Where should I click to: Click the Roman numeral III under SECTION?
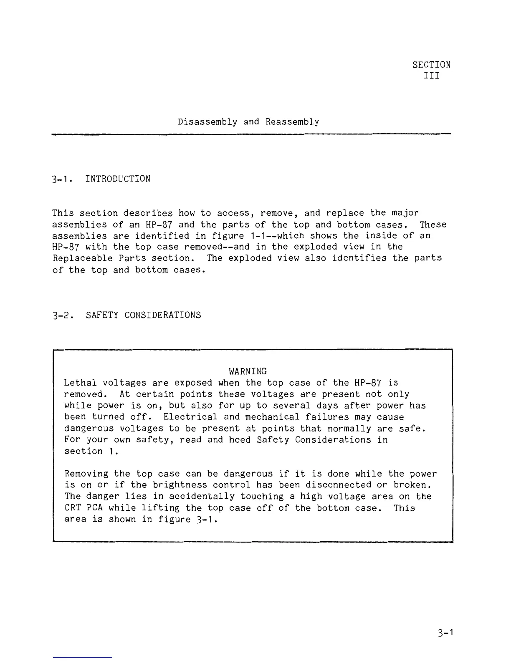432,76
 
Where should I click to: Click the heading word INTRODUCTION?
118,179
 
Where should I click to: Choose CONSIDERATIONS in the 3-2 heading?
162,315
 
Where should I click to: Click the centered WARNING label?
248,371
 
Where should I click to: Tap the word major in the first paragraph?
405,213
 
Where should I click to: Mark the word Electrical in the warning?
190,417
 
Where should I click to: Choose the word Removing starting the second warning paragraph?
86,474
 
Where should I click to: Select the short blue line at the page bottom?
83,658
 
